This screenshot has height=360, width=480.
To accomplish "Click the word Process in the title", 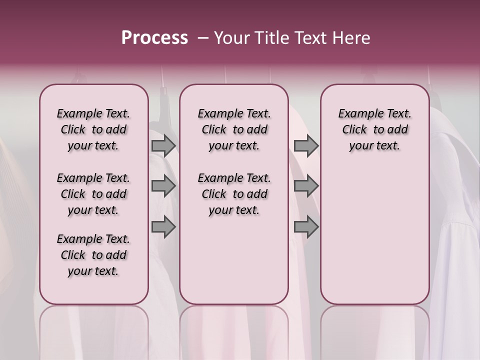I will pyautogui.click(x=154, y=38).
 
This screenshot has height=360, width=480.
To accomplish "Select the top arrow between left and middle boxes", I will pyautogui.click(x=163, y=145).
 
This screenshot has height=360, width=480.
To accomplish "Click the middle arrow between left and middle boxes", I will pyautogui.click(x=163, y=186).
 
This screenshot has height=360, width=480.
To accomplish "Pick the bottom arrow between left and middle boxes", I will pyautogui.click(x=163, y=227).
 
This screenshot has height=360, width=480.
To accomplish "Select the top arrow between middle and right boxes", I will pyautogui.click(x=306, y=145).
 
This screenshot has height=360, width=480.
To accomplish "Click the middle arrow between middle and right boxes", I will pyautogui.click(x=306, y=186).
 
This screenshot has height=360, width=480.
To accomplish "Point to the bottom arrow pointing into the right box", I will pyautogui.click(x=306, y=227).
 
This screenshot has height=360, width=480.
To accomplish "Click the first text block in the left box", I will pyautogui.click(x=93, y=129).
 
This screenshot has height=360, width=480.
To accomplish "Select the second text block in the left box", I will pyautogui.click(x=93, y=194).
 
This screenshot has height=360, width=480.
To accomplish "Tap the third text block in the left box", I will pyautogui.click(x=93, y=255).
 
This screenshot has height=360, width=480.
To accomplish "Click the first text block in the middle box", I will pyautogui.click(x=234, y=129).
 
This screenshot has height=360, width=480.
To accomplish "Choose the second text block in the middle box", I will pyautogui.click(x=234, y=194).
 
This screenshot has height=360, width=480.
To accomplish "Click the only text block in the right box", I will pyautogui.click(x=374, y=129).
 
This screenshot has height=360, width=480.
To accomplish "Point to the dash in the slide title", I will pyautogui.click(x=203, y=38).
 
